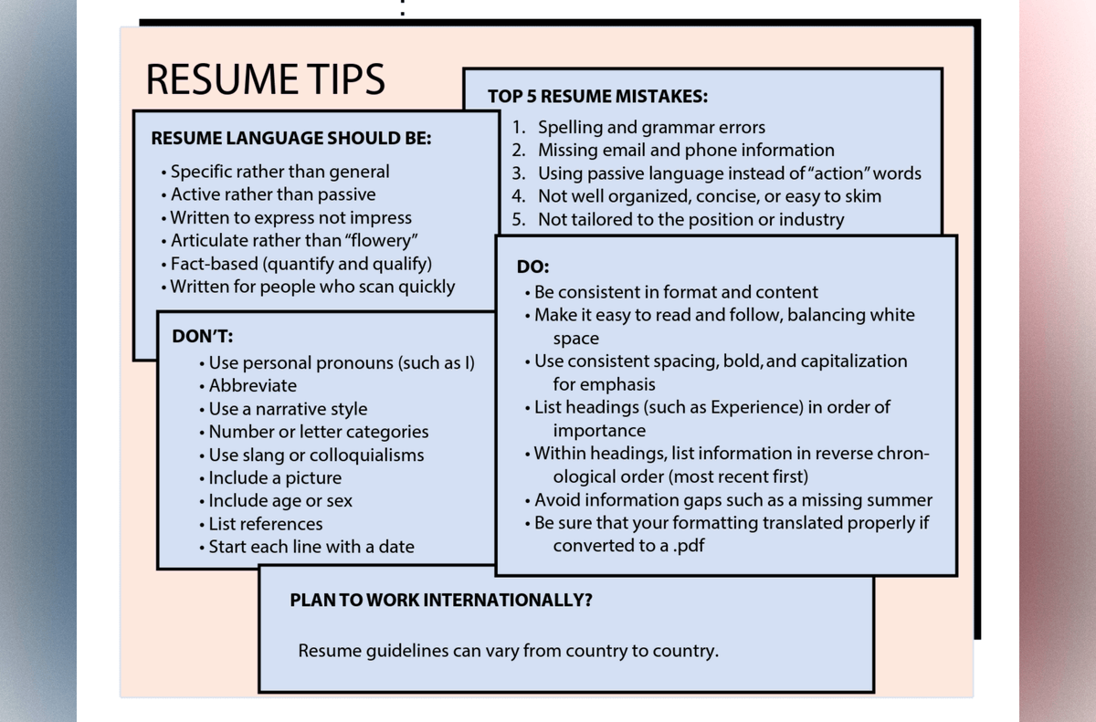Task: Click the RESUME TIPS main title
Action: (x=265, y=79)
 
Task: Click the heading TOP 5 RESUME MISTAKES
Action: (x=597, y=97)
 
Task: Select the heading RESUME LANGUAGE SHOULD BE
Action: (x=290, y=139)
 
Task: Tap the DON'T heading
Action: (x=202, y=336)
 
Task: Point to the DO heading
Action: (x=532, y=268)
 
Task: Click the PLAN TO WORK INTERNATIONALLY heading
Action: (x=440, y=601)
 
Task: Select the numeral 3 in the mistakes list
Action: (x=518, y=173)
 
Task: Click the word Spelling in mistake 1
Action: (x=572, y=128)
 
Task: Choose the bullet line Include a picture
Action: (x=274, y=477)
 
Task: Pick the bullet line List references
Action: (x=265, y=524)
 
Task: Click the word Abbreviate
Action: (x=252, y=385)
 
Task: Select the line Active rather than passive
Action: (x=272, y=194)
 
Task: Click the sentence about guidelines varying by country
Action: (x=508, y=652)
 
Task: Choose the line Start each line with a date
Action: (x=311, y=547)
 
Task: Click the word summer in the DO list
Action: (x=901, y=500)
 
